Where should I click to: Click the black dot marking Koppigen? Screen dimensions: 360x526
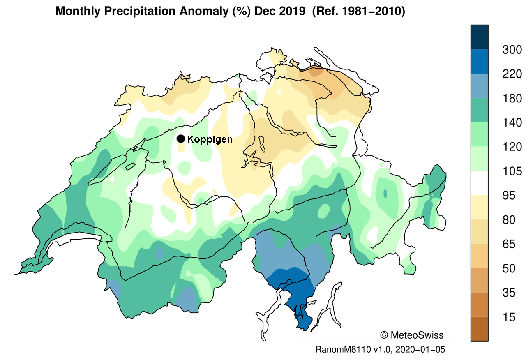coord(180,139)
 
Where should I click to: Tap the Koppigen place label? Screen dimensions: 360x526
coord(210,139)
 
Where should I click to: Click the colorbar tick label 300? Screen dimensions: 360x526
coord(512,50)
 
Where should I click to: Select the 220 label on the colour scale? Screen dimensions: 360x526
coord(512,74)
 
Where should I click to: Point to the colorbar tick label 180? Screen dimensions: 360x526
coord(512,99)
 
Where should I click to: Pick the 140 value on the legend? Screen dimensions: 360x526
coord(512,123)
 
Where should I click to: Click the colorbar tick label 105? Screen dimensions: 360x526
coord(512,171)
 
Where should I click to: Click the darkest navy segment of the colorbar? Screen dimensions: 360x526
coord(479,37)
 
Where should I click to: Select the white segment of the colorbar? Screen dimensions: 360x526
coord(479,183)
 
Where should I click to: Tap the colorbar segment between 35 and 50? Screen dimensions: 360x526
coord(479,281)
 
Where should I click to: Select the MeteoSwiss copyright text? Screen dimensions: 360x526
coord(412,335)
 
